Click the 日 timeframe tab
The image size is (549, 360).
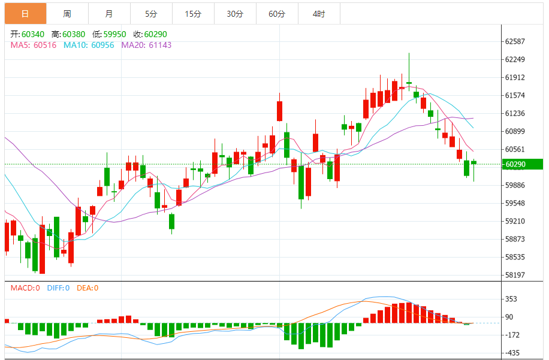[25, 14]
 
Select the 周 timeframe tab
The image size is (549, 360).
[67, 14]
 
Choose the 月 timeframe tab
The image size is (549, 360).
[108, 14]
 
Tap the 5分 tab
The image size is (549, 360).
[151, 14]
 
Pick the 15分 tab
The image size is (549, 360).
[193, 14]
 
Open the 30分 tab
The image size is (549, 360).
[235, 14]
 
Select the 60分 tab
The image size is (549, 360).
[277, 14]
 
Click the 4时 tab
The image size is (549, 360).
[319, 14]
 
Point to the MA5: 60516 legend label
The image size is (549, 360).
[32, 44]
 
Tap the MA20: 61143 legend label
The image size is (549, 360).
[146, 44]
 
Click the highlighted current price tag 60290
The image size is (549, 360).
[521, 164]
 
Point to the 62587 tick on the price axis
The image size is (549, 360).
[515, 41]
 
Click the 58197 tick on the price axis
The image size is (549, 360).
[515, 275]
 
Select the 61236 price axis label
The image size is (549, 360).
[515, 113]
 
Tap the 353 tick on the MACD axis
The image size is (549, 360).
[511, 299]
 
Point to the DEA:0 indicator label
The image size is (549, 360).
[88, 288]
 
